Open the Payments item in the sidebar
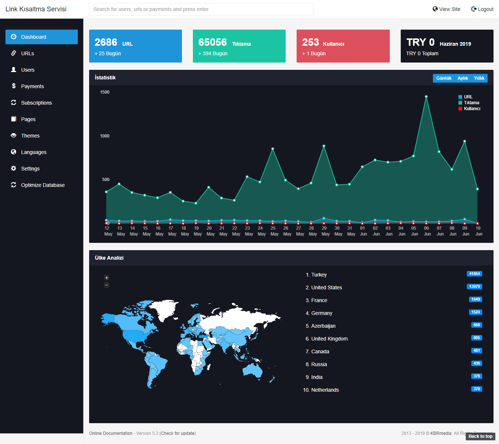pyautogui.click(x=32, y=86)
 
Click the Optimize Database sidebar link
pyautogui.click(x=43, y=185)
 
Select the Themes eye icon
pyautogui.click(x=14, y=135)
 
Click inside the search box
pyautogui.click(x=201, y=9)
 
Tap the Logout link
pyautogui.click(x=482, y=9)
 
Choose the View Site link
pyautogui.click(x=446, y=9)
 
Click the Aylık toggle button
pyautogui.click(x=462, y=78)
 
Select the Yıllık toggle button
pyautogui.click(x=479, y=78)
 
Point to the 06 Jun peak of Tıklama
pyautogui.click(x=426, y=97)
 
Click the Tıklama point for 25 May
pyautogui.click(x=273, y=149)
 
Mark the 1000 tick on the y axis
pyautogui.click(x=105, y=136)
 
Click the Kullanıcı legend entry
pyautogui.click(x=469, y=109)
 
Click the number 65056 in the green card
pyautogui.click(x=213, y=42)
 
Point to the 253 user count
pyautogui.click(x=311, y=42)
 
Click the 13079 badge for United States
pyautogui.click(x=475, y=286)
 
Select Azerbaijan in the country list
pyautogui.click(x=323, y=326)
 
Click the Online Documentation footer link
pyautogui.click(x=111, y=433)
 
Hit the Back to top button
pyautogui.click(x=480, y=436)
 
